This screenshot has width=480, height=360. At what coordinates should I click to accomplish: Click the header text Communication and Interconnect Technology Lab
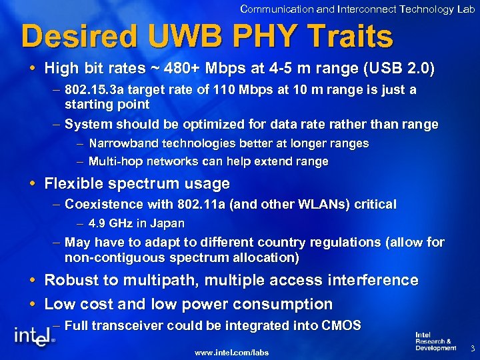pos(357,9)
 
